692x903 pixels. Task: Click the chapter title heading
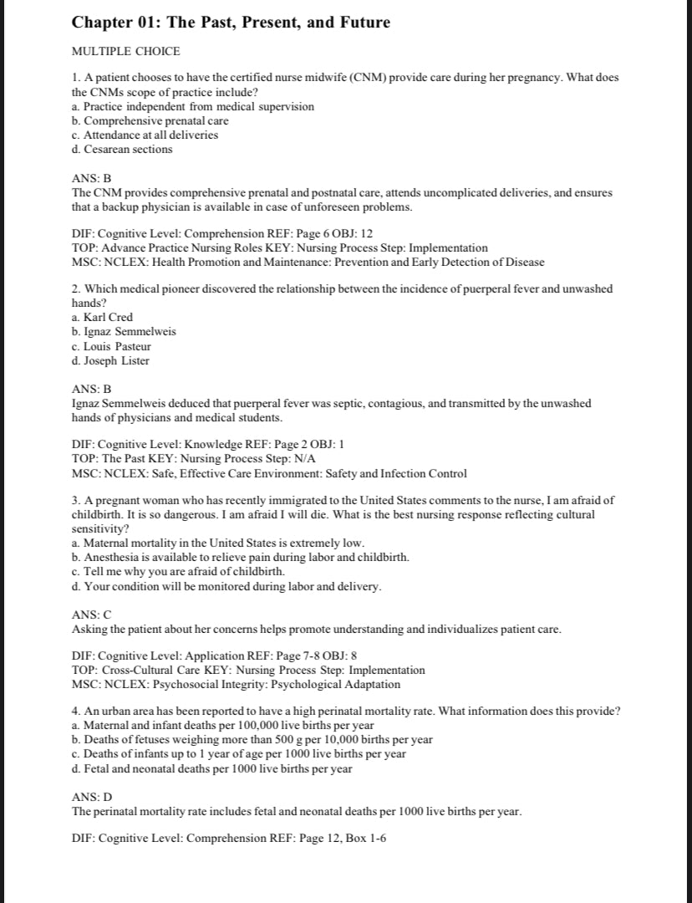(231, 23)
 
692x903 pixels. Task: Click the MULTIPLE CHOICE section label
(126, 52)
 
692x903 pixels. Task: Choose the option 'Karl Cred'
(108, 317)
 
